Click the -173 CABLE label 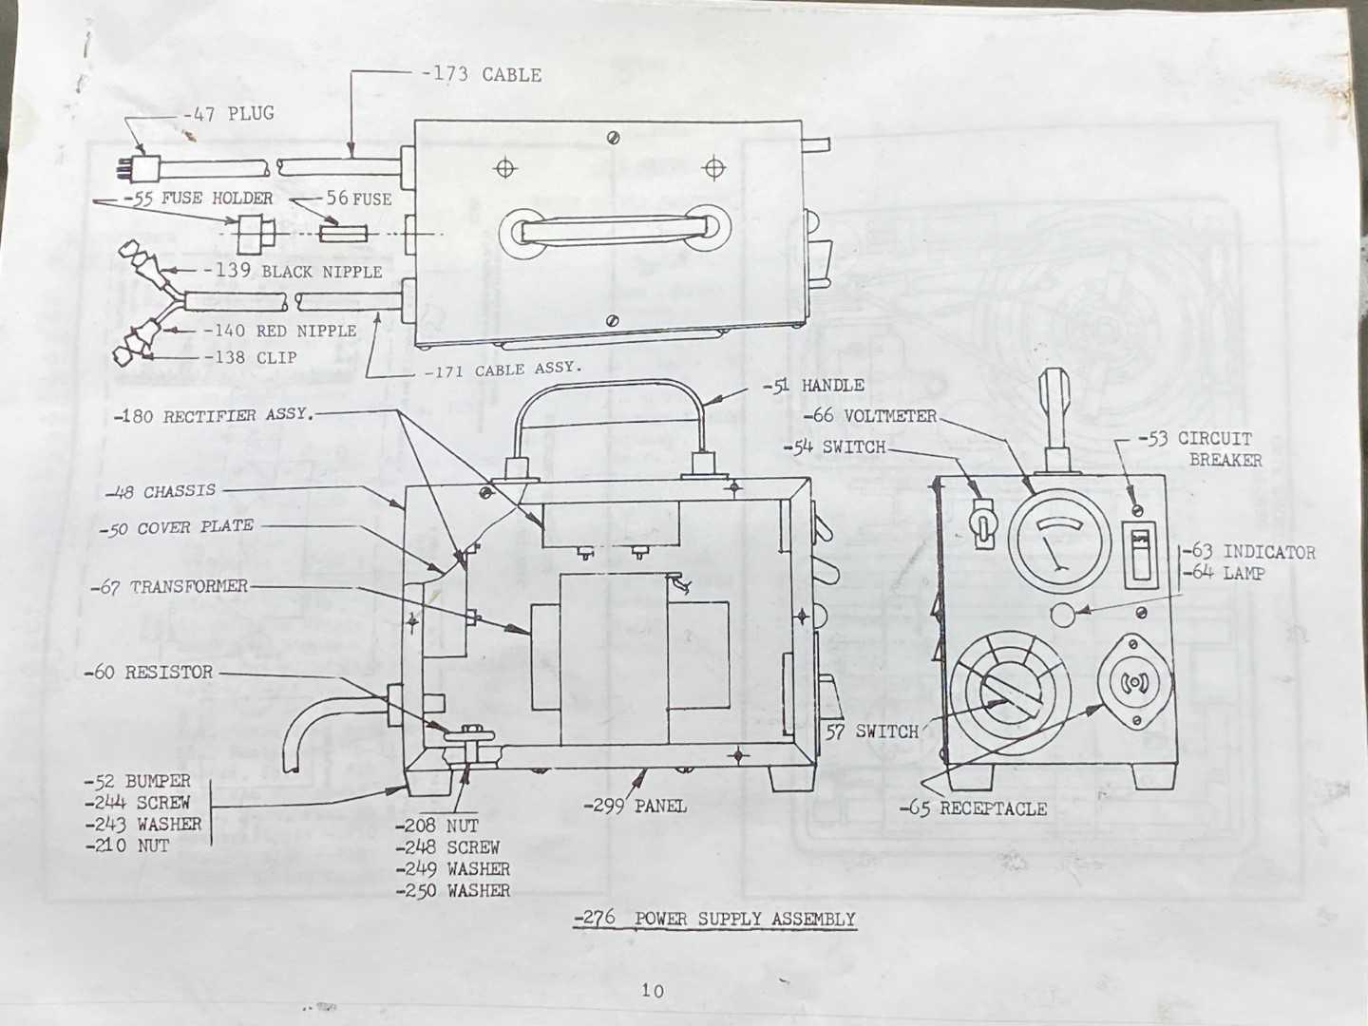[481, 75]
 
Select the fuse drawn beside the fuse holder [343, 234]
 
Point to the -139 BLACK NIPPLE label [293, 272]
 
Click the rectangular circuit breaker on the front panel [1140, 555]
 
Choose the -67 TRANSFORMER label [169, 587]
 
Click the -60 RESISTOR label [148, 673]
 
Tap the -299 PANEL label [636, 807]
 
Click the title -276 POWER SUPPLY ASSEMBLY [714, 919]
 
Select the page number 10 [653, 991]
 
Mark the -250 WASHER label [452, 890]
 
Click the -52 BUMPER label [137, 781]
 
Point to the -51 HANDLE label [813, 386]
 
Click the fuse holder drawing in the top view [253, 235]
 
